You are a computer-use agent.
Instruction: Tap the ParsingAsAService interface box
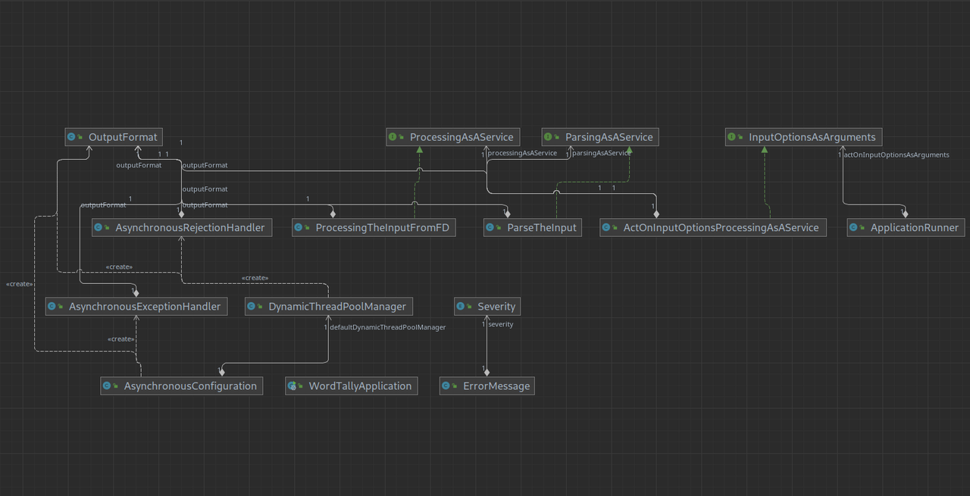[600, 137]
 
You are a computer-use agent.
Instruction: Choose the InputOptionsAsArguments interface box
[803, 137]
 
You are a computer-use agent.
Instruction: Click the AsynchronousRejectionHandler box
[181, 227]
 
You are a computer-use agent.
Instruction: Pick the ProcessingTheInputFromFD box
[374, 227]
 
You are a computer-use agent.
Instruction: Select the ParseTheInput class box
[533, 227]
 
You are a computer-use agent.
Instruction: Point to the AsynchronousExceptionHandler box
[136, 307]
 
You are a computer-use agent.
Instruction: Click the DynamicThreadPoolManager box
[329, 307]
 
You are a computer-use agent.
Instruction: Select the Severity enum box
[487, 307]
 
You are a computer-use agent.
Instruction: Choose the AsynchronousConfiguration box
[181, 386]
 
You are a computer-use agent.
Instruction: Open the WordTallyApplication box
[352, 386]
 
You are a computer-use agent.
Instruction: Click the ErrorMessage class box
[487, 386]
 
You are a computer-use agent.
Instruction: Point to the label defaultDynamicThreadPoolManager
[387, 327]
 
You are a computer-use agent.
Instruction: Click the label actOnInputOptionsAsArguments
[896, 155]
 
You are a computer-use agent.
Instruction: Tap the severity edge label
[501, 324]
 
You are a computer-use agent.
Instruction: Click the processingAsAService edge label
[522, 153]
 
